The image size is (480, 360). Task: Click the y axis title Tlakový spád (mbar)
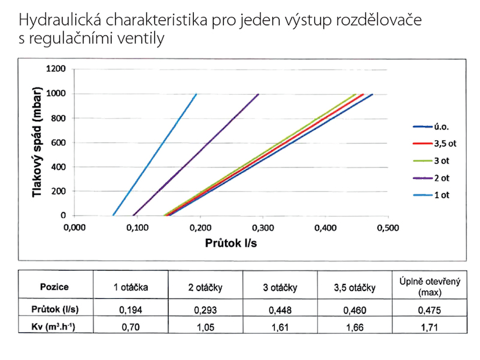(37, 142)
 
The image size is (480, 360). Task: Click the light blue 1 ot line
(155, 155)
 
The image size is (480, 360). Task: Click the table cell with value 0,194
(130, 311)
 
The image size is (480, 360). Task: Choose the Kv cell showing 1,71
(430, 328)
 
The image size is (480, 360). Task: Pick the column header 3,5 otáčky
(355, 286)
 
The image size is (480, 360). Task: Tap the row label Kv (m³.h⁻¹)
(55, 328)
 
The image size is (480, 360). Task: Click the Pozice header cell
(55, 286)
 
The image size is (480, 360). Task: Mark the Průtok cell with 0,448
(280, 311)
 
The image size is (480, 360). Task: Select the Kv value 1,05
(205, 328)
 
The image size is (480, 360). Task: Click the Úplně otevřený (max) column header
(430, 286)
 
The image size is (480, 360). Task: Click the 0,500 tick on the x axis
(388, 228)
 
